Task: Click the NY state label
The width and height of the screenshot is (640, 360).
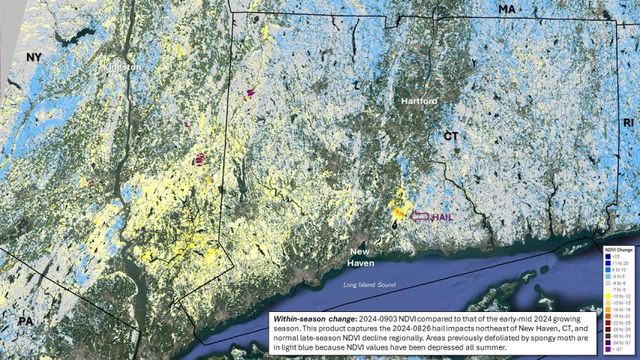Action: click(33, 58)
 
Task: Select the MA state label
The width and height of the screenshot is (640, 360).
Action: click(507, 9)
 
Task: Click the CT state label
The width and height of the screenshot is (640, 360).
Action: click(450, 136)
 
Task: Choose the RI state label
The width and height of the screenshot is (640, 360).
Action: click(628, 122)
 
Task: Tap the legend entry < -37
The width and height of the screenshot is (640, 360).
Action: click(618, 350)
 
